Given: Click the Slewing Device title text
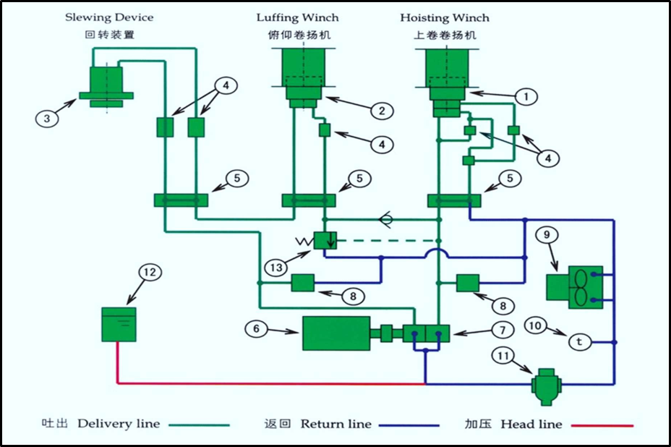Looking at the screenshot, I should [109, 17].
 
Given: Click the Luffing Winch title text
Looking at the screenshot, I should [297, 17].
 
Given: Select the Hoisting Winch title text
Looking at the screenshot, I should [445, 17].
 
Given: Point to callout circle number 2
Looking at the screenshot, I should [382, 111].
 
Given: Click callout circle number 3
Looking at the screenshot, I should [47, 118].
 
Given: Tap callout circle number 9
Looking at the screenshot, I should [547, 234].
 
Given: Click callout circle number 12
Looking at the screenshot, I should [150, 273].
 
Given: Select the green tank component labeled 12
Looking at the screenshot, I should [118, 324].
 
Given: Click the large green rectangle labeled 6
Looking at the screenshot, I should [335, 333].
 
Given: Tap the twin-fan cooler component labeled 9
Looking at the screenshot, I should [574, 287].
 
